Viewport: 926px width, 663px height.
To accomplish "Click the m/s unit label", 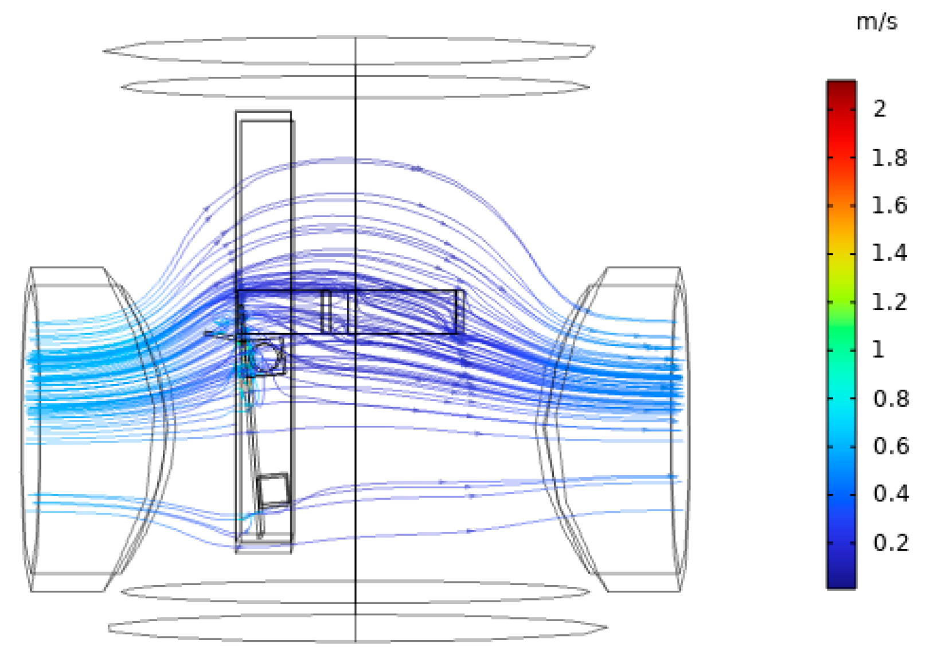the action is (x=877, y=22).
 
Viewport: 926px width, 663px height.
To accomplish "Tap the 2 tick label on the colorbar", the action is (x=880, y=109).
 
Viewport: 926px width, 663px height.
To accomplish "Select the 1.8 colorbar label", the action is (x=889, y=158).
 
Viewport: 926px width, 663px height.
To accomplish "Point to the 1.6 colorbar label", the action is (x=889, y=205).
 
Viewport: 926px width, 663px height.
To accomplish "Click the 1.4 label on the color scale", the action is (x=889, y=253).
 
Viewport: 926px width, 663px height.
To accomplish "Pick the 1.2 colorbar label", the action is (x=889, y=302).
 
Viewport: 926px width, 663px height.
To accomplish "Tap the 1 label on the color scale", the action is (x=878, y=350).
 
